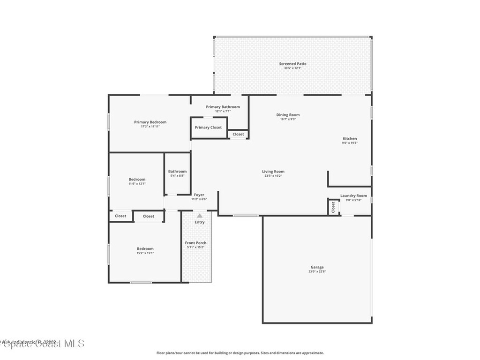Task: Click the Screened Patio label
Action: click(292, 64)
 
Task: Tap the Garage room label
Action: click(317, 267)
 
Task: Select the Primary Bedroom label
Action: click(150, 122)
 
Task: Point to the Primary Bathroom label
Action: click(223, 107)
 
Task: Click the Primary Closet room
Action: click(209, 127)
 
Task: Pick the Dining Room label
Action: click(288, 115)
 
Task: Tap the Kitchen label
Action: click(350, 139)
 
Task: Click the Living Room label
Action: click(273, 172)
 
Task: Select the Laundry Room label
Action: click(353, 195)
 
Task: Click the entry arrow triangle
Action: click(200, 216)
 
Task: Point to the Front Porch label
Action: click(195, 243)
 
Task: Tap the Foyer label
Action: click(199, 195)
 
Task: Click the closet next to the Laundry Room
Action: click(333, 207)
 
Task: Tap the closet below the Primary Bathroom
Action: click(238, 134)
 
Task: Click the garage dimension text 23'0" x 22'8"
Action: click(317, 271)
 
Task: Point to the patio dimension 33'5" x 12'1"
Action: click(292, 68)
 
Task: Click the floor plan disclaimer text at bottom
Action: click(240, 353)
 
